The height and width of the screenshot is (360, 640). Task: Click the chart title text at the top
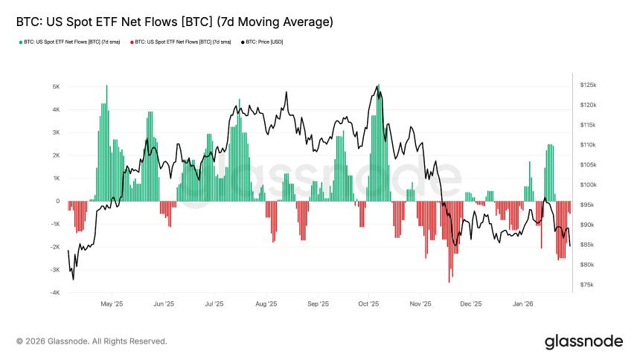coord(174,23)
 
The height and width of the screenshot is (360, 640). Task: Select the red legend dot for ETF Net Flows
coord(132,42)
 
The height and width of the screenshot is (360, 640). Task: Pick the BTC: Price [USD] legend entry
coord(264,42)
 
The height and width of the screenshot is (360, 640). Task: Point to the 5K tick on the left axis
coord(56,86)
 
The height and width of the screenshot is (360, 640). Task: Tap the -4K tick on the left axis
coord(55,292)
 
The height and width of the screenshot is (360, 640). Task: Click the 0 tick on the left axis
coord(57,201)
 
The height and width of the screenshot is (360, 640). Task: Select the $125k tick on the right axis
coord(588,86)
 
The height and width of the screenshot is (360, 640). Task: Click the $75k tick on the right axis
coord(586,284)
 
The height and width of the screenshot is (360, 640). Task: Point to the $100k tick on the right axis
coord(588,184)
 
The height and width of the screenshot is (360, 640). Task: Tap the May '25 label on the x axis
coord(111,303)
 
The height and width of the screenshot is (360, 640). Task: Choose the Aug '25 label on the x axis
coord(266,303)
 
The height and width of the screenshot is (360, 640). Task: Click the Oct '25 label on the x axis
coord(368,303)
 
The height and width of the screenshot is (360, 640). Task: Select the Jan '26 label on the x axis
coord(524,303)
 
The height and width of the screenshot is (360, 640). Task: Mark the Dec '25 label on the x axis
coord(471,303)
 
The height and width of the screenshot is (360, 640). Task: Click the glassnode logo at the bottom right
coord(583,341)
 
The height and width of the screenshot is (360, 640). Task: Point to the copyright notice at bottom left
coord(92,341)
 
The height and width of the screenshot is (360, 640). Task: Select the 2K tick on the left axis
coord(56,155)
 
